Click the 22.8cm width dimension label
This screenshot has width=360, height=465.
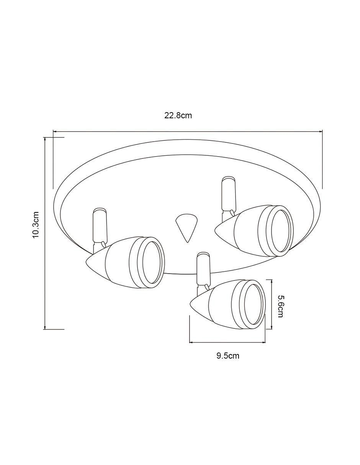(178, 116)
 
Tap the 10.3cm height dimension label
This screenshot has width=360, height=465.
(36, 225)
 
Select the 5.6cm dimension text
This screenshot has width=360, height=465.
(280, 306)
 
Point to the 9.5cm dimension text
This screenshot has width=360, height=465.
(228, 356)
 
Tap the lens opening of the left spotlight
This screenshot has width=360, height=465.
(151, 263)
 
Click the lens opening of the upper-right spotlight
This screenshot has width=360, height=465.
(281, 231)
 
